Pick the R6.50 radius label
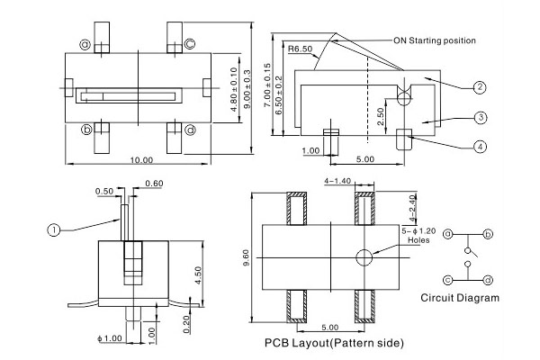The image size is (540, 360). tap(301, 49)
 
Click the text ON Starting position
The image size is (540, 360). tap(434, 40)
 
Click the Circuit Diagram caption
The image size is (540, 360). tap(460, 298)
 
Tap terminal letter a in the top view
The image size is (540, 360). tap(85, 44)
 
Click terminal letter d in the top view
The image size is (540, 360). tap(190, 129)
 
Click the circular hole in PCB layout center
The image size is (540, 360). tap(365, 257)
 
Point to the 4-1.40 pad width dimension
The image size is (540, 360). tap(338, 181)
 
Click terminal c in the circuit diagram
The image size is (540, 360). tap(448, 280)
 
